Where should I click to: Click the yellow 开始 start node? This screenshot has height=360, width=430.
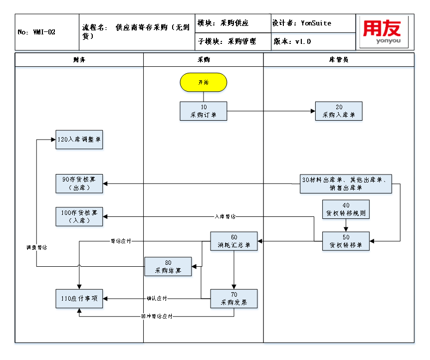click(203, 82)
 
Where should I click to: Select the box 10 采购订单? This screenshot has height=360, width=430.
click(203, 111)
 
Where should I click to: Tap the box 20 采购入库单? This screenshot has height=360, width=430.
click(339, 111)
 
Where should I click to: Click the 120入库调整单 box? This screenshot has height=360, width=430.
click(79, 140)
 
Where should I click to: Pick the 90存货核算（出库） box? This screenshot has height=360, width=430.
click(79, 183)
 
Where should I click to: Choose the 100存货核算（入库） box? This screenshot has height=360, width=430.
click(79, 216)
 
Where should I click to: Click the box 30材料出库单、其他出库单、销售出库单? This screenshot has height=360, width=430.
click(346, 183)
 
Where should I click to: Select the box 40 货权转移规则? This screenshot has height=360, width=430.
click(346, 209)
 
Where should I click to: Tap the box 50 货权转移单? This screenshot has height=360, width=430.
click(346, 241)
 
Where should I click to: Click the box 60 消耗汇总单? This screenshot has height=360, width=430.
click(233, 241)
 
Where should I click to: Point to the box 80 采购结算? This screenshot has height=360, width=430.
click(168, 266)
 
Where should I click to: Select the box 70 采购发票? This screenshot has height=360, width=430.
click(233, 298)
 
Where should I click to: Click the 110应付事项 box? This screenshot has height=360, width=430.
click(79, 298)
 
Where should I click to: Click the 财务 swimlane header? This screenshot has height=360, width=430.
click(79, 60)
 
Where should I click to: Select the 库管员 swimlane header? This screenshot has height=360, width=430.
click(339, 60)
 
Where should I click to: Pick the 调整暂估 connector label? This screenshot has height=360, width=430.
click(37, 247)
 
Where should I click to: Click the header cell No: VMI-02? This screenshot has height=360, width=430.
click(46, 32)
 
